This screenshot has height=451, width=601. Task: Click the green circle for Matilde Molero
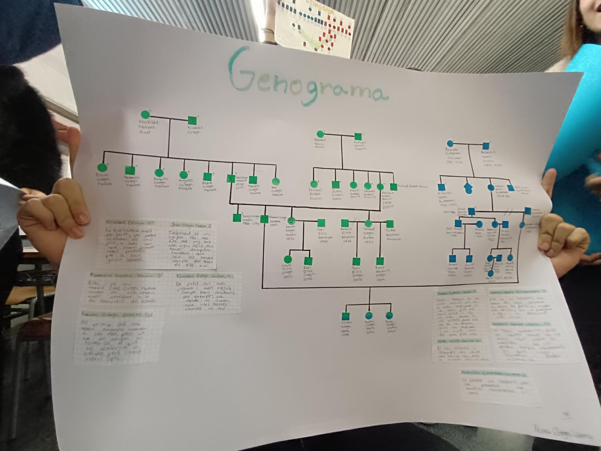(x=145, y=115)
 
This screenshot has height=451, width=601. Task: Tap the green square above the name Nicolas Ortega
(x=192, y=120)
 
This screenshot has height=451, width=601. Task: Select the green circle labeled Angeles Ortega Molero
(x=183, y=175)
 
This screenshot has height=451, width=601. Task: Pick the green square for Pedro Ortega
(x=207, y=176)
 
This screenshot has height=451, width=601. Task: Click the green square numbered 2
(x=231, y=179)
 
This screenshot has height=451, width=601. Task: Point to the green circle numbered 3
(x=380, y=186)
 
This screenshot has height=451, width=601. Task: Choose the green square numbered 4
(x=264, y=219)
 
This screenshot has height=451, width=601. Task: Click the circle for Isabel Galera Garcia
(x=314, y=183)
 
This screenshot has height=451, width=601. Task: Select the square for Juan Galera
(x=335, y=185)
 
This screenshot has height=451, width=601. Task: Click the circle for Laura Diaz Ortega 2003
(x=288, y=260)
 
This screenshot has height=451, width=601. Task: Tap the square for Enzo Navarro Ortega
(x=380, y=261)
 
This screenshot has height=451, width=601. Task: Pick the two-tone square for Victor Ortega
(x=345, y=316)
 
